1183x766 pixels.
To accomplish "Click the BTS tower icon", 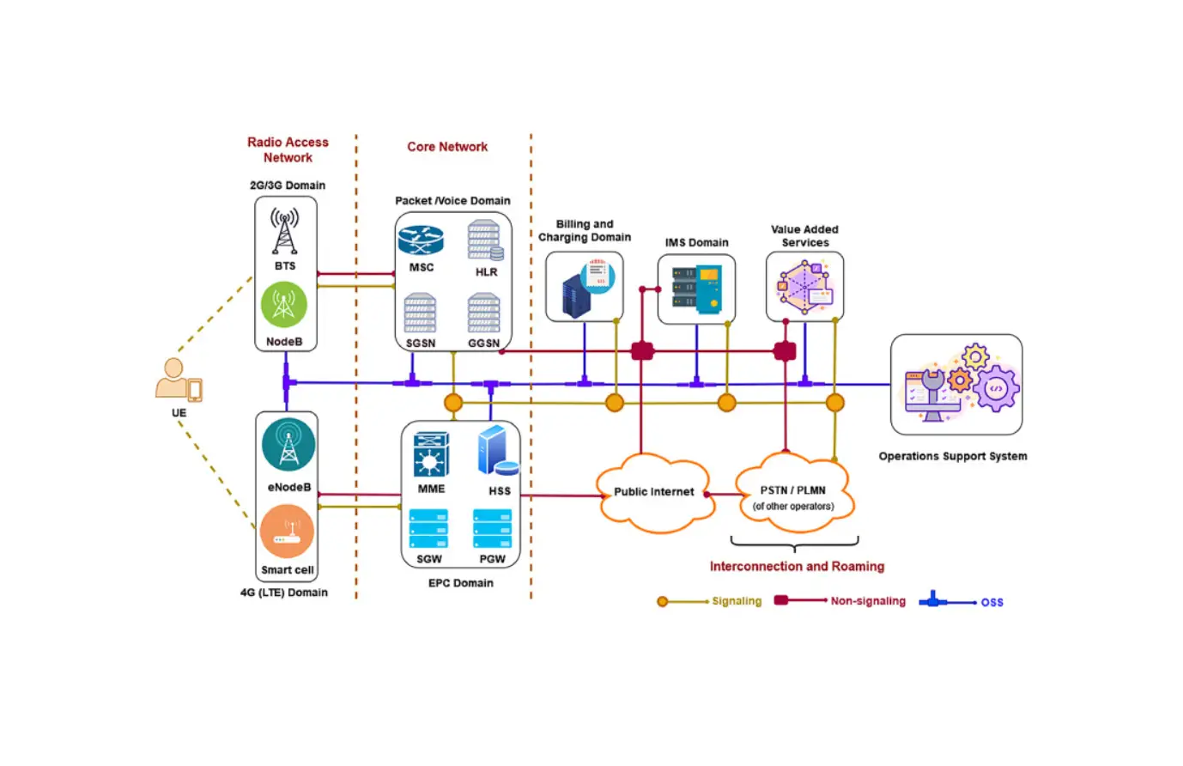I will coord(285,230).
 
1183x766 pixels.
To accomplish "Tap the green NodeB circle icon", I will coord(284,304).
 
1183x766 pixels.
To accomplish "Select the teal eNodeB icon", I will coord(288,445).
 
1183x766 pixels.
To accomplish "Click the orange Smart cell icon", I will coord(287,532).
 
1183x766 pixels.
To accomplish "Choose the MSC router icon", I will coord(421,240).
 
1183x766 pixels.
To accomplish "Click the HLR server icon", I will coord(485,240).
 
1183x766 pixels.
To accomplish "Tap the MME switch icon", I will coord(431,454).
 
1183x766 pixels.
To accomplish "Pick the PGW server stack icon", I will coord(492,529).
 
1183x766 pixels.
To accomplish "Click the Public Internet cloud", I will coord(653,492).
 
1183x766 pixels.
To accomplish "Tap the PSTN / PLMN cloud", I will coord(793,495).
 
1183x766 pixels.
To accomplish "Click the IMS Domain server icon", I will coord(696,289).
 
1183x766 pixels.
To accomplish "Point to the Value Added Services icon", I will coord(804,287).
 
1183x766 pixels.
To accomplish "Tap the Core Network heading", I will coord(447,147).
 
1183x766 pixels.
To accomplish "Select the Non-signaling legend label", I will coord(867,601).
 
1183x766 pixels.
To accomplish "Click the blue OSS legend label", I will coord(992,602).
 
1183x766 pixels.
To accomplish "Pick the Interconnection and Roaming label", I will coord(796,567).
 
